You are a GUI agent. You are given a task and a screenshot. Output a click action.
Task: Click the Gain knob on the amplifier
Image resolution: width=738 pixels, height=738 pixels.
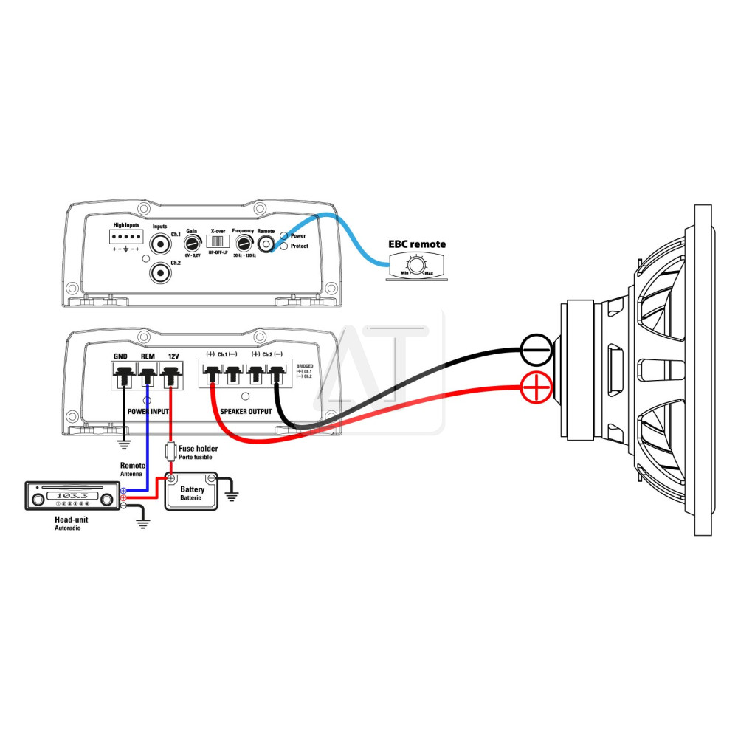coord(193,243)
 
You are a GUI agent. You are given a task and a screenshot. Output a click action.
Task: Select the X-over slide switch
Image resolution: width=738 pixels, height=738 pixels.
coord(217,242)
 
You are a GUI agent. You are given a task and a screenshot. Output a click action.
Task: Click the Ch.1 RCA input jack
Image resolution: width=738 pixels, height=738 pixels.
coord(160,244)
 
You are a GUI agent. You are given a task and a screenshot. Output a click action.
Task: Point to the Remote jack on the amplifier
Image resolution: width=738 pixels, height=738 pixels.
coord(266,244)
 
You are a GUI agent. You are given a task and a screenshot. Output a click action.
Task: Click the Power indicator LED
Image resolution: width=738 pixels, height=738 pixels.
coord(283,235)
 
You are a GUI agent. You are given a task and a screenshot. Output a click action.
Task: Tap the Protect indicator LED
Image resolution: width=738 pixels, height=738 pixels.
coord(283,246)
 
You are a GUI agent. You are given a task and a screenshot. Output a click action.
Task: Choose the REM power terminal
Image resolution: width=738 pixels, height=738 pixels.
coord(148,377)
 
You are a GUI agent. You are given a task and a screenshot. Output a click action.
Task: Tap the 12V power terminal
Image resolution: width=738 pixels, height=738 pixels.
coord(173,377)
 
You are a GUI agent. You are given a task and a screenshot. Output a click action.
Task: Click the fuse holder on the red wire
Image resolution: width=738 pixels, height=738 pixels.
coord(171,449)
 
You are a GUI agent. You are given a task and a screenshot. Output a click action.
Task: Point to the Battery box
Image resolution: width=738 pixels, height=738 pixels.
coord(192,493)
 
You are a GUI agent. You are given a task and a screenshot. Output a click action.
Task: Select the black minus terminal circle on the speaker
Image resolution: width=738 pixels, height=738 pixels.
coord(537,349)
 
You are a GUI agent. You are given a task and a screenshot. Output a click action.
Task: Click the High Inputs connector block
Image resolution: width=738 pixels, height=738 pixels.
coord(125,236)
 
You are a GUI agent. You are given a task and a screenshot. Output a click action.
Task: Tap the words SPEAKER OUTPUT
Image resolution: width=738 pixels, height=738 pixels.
coord(246,411)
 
